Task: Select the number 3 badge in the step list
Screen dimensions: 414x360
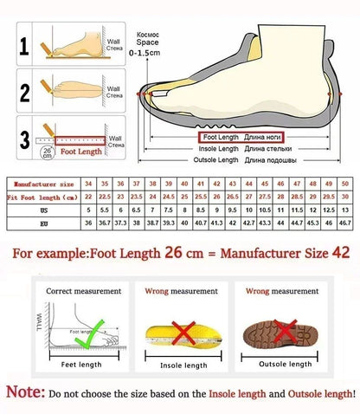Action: click(x=26, y=138)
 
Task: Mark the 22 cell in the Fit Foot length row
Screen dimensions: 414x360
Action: click(x=88, y=197)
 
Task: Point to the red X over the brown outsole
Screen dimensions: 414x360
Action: click(x=279, y=328)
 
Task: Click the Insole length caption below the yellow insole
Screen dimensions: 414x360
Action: click(x=183, y=365)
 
